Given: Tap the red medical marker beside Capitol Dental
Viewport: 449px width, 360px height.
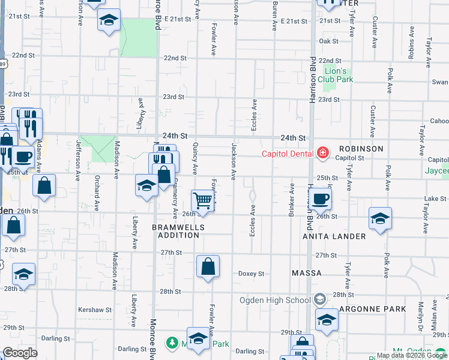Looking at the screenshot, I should coord(323,154).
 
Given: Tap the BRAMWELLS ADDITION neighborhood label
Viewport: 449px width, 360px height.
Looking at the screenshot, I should coord(178,232).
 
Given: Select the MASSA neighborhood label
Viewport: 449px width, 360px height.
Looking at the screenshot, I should coord(307,273).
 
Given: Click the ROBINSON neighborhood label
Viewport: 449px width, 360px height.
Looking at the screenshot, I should coord(361,149).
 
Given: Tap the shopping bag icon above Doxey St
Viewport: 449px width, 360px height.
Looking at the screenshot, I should coord(208,267).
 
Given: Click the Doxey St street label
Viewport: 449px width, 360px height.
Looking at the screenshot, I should coord(251,274).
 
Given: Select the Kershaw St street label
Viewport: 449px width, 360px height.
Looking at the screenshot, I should coord(95,310).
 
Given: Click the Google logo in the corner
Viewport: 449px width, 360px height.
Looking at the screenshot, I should coord(19,353).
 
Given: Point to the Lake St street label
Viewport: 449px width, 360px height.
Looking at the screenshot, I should coord(435,199).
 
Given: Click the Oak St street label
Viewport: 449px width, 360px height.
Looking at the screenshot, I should coord(329,41).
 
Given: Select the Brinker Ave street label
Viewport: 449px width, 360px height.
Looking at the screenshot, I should coord(292,201).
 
